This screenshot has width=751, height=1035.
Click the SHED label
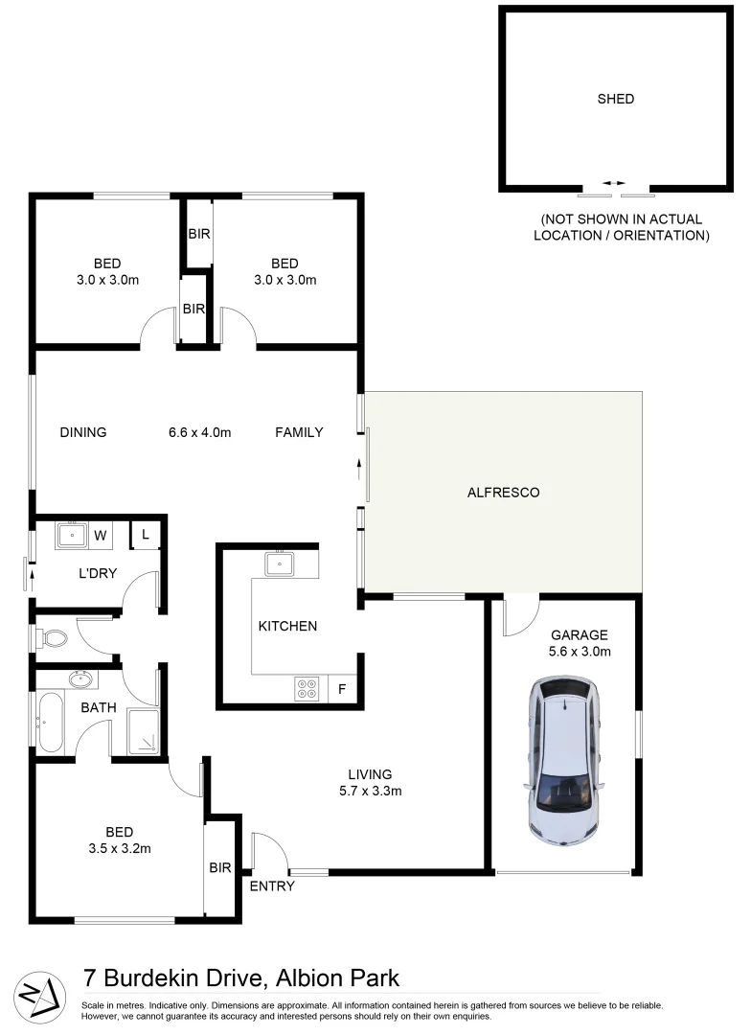click(615, 99)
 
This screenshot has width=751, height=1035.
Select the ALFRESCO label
click(503, 493)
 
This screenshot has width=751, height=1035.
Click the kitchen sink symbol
click(280, 563)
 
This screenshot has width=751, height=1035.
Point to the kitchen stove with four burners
click(307, 688)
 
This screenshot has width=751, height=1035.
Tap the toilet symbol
click(54, 637)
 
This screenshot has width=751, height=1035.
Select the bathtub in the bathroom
click(51, 722)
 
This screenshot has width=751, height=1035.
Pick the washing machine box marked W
click(100, 535)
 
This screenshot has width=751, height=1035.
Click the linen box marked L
click(146, 535)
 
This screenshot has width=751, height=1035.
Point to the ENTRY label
click(272, 886)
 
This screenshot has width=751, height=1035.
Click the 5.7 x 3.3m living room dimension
click(371, 792)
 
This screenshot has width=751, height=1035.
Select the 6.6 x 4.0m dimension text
click(199, 432)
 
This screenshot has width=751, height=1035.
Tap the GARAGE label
click(579, 634)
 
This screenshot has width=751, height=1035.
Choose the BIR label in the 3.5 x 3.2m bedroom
click(220, 868)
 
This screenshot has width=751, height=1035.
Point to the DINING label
click(82, 432)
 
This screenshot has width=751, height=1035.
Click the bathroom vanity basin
click(80, 679)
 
